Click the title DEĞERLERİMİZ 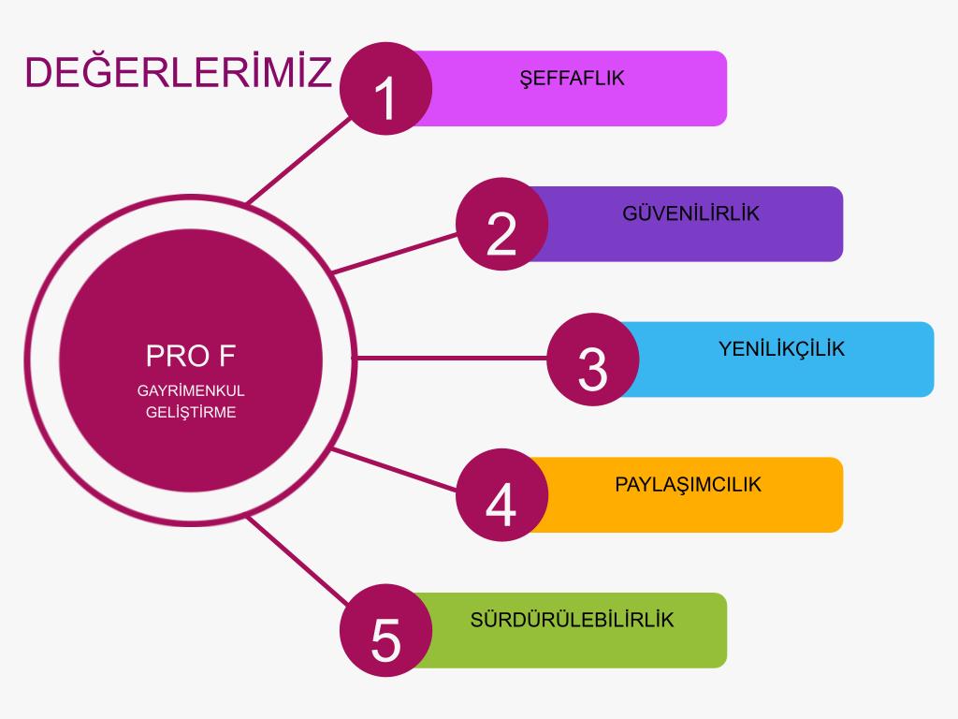click(179, 70)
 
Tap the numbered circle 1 click(386, 89)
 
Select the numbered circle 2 click(501, 225)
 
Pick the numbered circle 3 click(592, 359)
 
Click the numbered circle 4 click(501, 495)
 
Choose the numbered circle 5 click(386, 630)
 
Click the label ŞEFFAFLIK click(572, 79)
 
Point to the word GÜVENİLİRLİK click(691, 213)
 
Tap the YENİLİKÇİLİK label click(781, 349)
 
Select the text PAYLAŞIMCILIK click(688, 485)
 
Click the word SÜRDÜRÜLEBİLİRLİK click(572, 619)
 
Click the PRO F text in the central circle click(191, 356)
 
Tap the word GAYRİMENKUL click(191, 390)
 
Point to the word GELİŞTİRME click(191, 413)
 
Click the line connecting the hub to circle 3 click(451, 358)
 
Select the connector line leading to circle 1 click(299, 160)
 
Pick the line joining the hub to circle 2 click(395, 253)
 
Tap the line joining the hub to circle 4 click(395, 470)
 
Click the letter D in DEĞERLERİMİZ click(37, 72)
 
